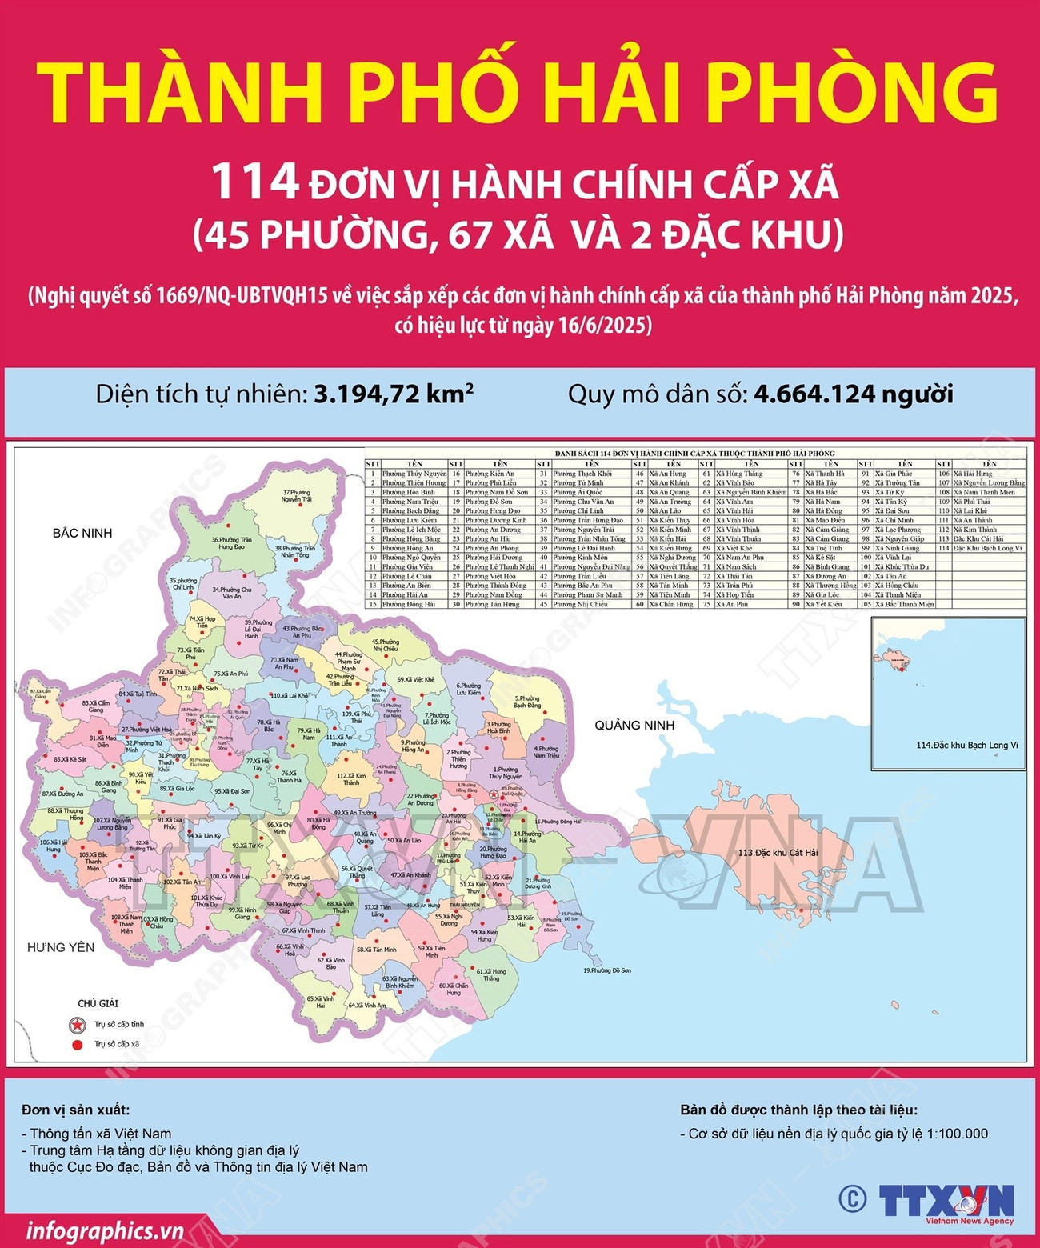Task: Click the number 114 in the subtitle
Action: point(255,182)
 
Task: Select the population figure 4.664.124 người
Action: point(853,394)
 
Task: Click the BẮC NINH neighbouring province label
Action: point(82,534)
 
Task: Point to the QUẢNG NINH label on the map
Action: point(634,726)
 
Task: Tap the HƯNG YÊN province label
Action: point(61,948)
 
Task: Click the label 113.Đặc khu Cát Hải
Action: point(778,853)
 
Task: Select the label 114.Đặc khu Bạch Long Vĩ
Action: point(967,746)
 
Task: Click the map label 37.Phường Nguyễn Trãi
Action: point(296,496)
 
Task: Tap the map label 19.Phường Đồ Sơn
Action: point(607,970)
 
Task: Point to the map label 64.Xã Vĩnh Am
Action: point(367,1006)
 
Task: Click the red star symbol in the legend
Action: point(78,1024)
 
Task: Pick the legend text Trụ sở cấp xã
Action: point(117,1044)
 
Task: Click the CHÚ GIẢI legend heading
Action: point(98,1003)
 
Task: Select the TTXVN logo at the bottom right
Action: point(946,1202)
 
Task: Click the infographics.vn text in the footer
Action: point(105,1230)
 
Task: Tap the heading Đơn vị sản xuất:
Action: point(75,1110)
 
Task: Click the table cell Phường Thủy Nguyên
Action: point(414,474)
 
